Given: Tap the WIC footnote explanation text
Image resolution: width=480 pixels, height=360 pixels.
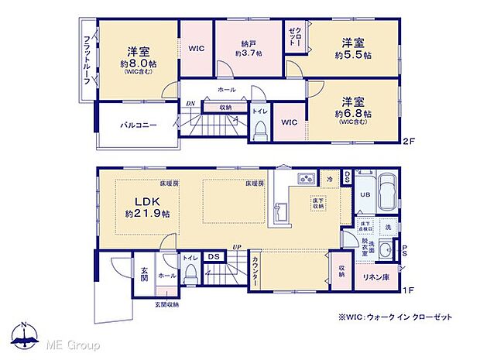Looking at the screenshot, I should pyautogui.click(x=395, y=317).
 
